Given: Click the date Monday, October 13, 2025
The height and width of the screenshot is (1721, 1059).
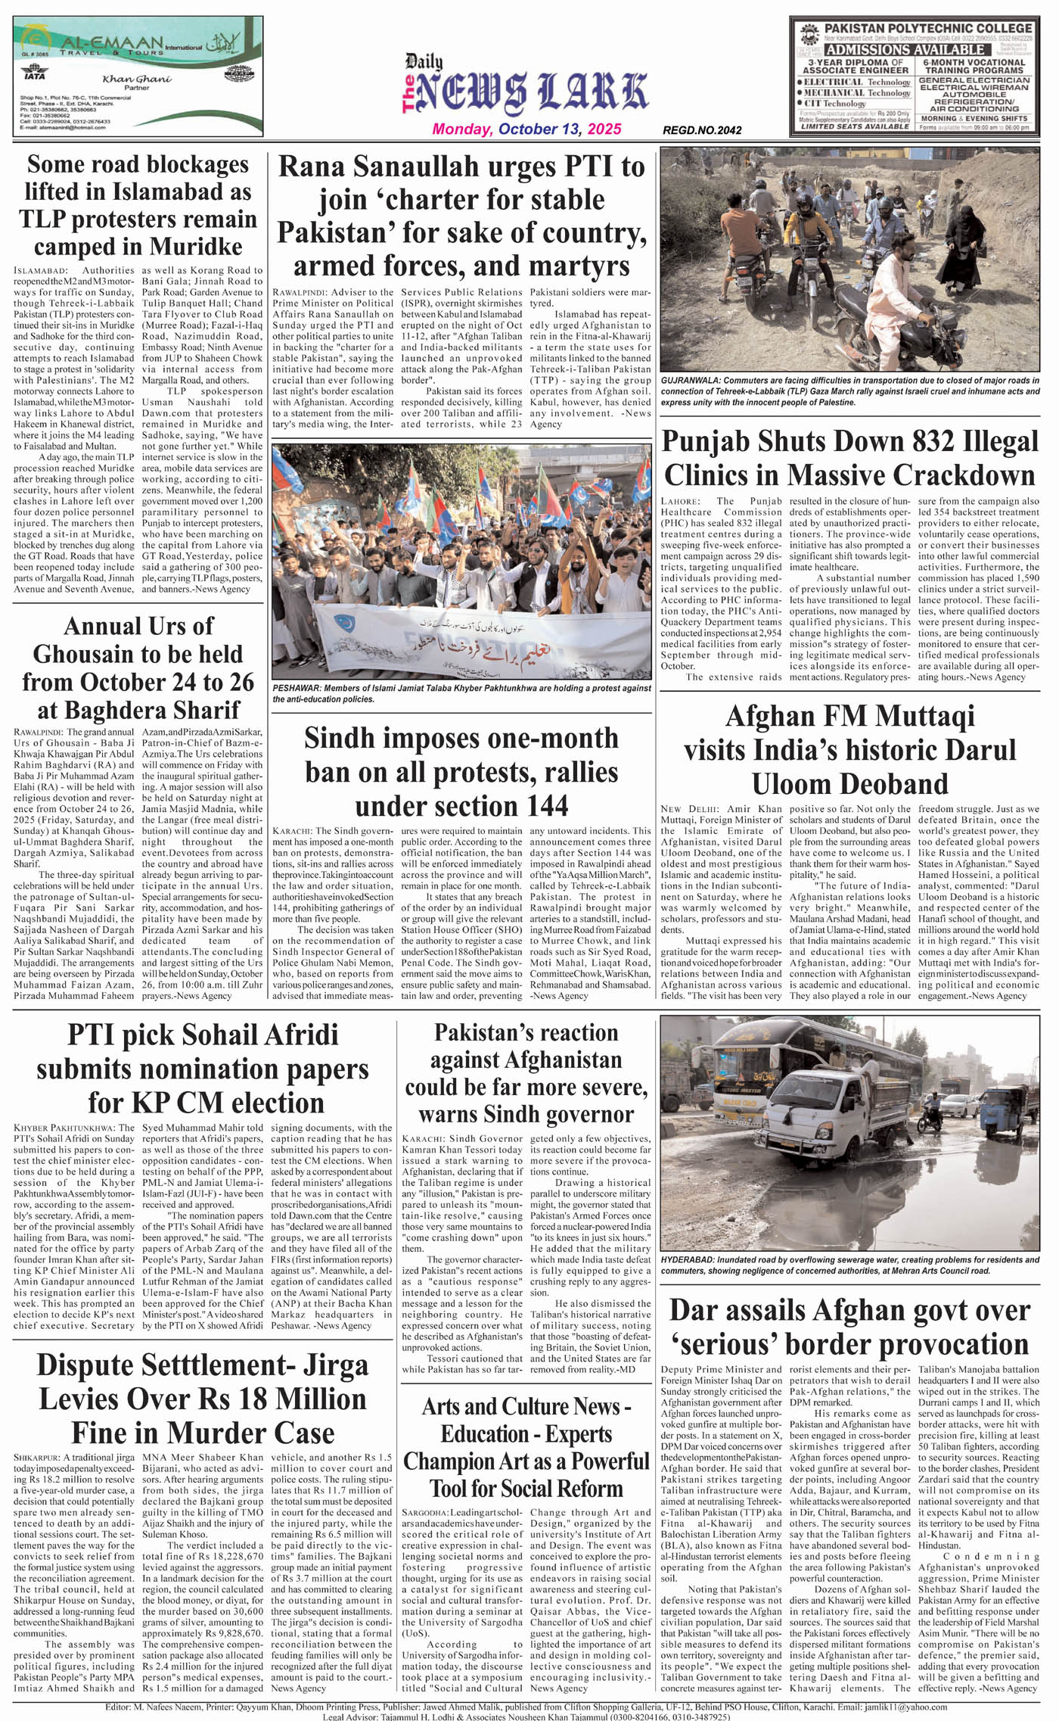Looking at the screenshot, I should pos(526,129).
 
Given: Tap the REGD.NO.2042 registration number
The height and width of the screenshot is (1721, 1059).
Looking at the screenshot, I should pos(702,130).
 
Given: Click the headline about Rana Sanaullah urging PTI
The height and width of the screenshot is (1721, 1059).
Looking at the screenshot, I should pos(461,216).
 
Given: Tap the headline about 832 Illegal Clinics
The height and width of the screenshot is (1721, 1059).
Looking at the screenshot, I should pos(849,459).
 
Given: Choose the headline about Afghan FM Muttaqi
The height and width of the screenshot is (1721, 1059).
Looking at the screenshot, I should pos(849,749).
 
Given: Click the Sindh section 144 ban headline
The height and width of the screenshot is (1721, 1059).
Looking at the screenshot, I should pos(461,771).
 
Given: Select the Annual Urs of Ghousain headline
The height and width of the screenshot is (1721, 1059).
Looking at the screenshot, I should pos(138,668).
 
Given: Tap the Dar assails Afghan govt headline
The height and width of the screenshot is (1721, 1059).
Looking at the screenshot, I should pos(849,1327).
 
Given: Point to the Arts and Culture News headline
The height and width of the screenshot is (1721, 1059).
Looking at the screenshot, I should pos(526,1447).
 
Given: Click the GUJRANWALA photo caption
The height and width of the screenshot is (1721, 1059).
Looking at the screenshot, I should pos(849,391).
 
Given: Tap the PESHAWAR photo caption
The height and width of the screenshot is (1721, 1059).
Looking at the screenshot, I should pos(461,693).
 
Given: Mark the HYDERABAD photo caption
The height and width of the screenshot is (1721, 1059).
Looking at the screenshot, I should pos(849,1265).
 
